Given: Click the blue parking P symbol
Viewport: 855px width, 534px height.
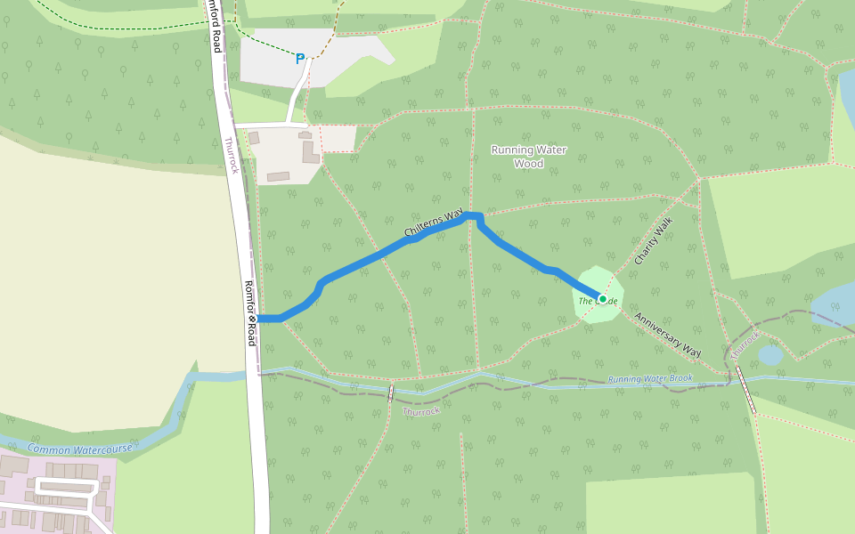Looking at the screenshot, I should point(300,59).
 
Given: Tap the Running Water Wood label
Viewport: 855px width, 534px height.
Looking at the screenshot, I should point(528,157).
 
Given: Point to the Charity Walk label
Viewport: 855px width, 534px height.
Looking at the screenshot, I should point(655,241).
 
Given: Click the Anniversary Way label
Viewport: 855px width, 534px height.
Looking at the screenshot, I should point(667,335).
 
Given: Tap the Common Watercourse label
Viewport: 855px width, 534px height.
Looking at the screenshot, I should point(79,449).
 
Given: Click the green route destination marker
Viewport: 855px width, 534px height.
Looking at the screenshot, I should point(603,299).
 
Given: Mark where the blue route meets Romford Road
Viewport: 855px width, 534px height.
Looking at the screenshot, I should point(259,318).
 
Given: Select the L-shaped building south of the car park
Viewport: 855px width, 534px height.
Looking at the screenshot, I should point(310,151).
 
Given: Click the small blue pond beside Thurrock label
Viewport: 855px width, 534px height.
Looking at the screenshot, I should point(770,355).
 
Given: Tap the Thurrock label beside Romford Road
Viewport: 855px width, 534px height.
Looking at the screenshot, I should point(232,156).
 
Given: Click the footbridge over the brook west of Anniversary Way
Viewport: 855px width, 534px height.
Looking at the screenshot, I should point(390,392).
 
